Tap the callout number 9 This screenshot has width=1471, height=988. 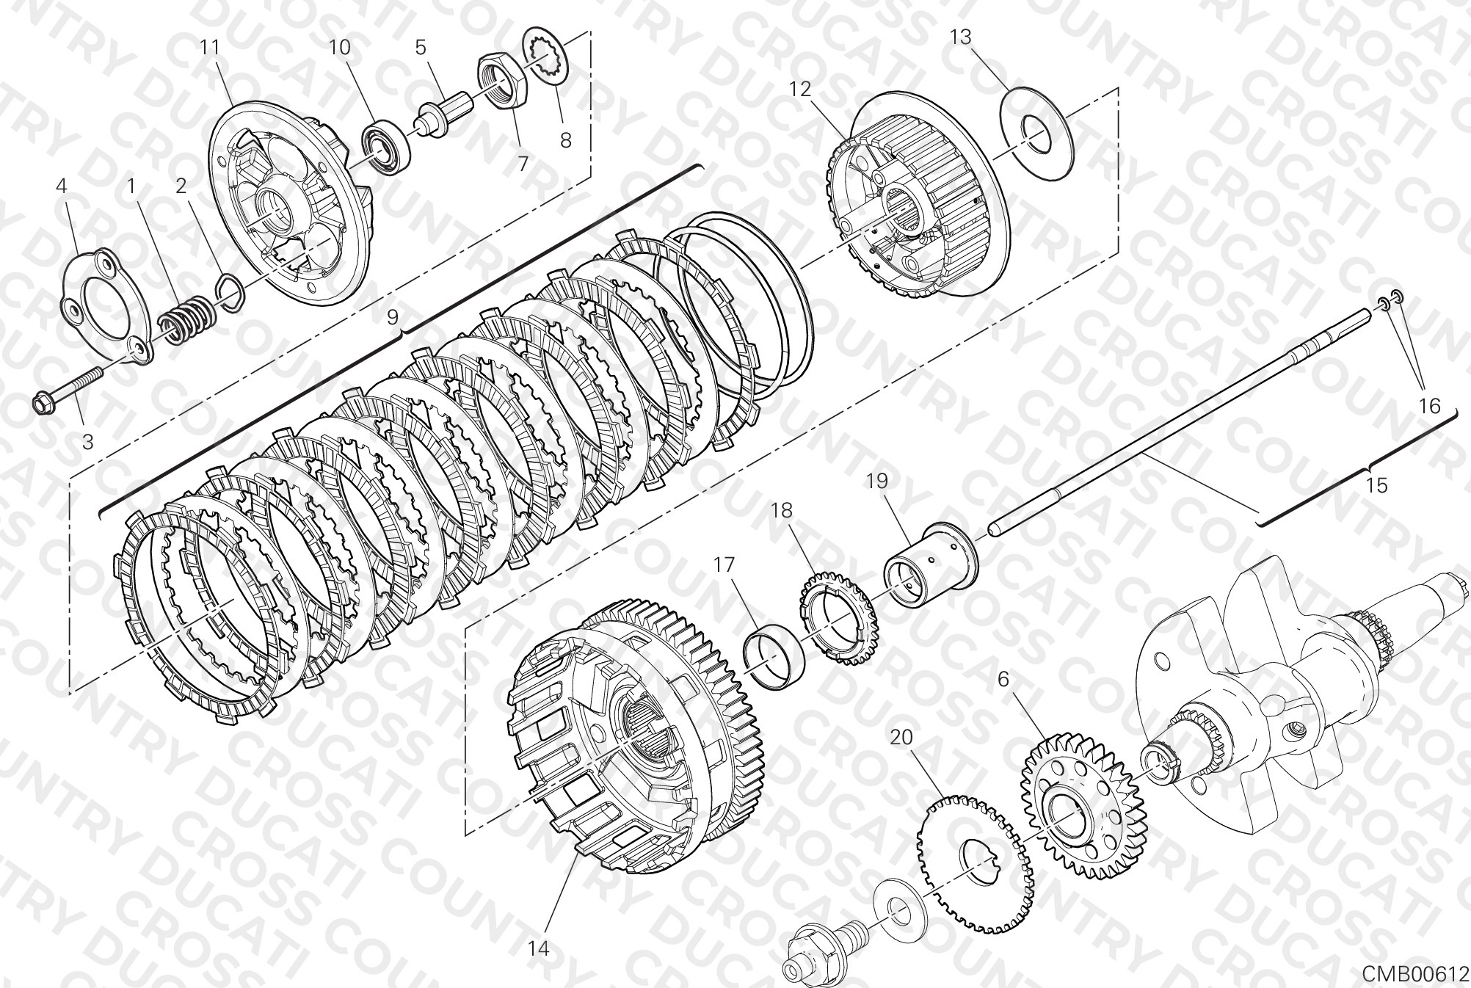(x=393, y=317)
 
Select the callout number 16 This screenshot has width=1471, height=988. (x=1430, y=405)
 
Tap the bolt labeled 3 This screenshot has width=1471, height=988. (x=68, y=388)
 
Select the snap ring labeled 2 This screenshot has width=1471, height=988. (x=230, y=291)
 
